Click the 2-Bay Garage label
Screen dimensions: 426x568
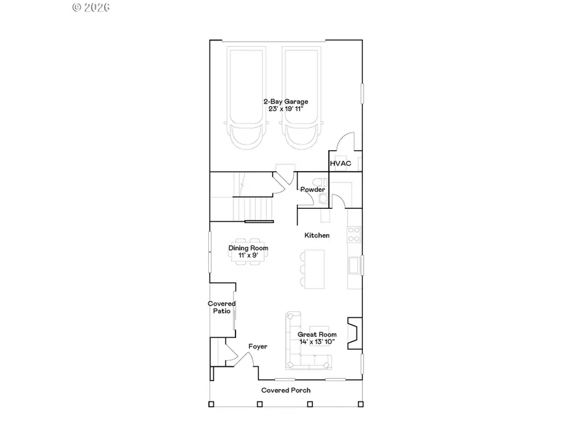point(286,101)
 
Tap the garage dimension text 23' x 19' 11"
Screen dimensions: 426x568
point(286,109)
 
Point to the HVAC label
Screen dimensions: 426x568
point(341,163)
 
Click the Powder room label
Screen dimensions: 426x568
point(312,189)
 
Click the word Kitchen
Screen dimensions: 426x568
point(317,235)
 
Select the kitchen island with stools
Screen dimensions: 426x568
point(314,268)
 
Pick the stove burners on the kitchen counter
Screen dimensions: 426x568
point(354,234)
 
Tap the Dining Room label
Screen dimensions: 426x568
point(248,248)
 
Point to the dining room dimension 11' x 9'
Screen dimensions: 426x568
point(248,256)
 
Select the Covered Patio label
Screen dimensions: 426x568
point(222,307)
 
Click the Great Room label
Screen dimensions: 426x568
point(317,334)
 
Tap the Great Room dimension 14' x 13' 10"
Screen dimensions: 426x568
point(317,342)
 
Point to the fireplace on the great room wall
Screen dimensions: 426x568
point(356,333)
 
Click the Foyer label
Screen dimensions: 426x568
point(257,346)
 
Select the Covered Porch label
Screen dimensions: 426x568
point(286,390)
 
